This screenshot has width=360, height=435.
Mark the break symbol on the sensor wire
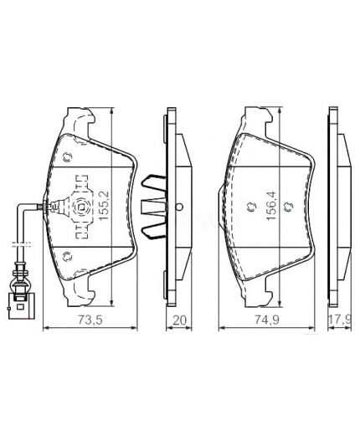[21, 245]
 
